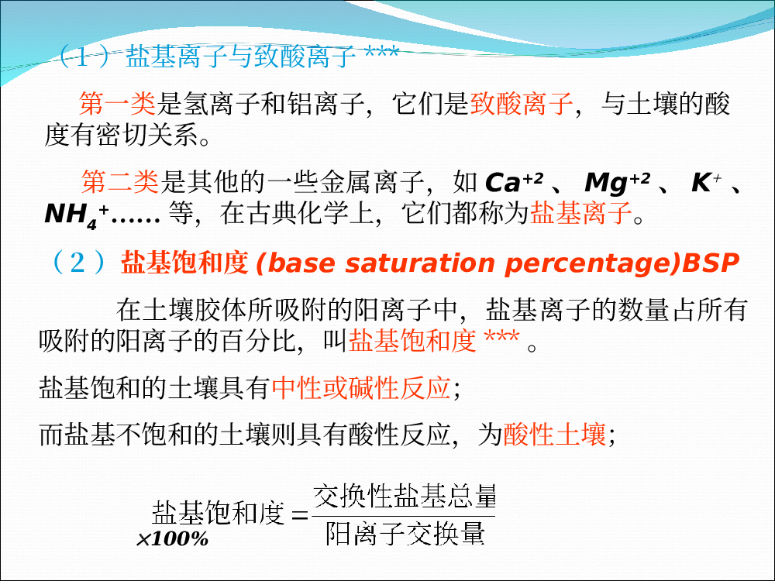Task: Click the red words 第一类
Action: pos(117,104)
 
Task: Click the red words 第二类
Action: pos(119,181)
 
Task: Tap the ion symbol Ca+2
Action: pos(514,182)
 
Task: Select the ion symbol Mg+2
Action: pos(618,183)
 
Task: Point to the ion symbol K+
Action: pos(706,182)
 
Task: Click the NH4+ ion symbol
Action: pos(77,215)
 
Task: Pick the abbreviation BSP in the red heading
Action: pos(710,263)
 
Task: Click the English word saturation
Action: pos(420,263)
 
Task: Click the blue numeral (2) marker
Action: pos(78,262)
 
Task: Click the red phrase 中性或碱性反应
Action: pos(361,388)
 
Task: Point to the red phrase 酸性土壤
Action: pos(555,435)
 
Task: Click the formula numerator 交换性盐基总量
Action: pos(405,496)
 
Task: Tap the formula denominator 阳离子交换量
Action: pos(405,534)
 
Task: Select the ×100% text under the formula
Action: pos(173,539)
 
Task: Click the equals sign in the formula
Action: pos(299,516)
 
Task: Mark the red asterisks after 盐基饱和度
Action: pos(501,337)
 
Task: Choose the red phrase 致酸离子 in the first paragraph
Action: pos(522,104)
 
